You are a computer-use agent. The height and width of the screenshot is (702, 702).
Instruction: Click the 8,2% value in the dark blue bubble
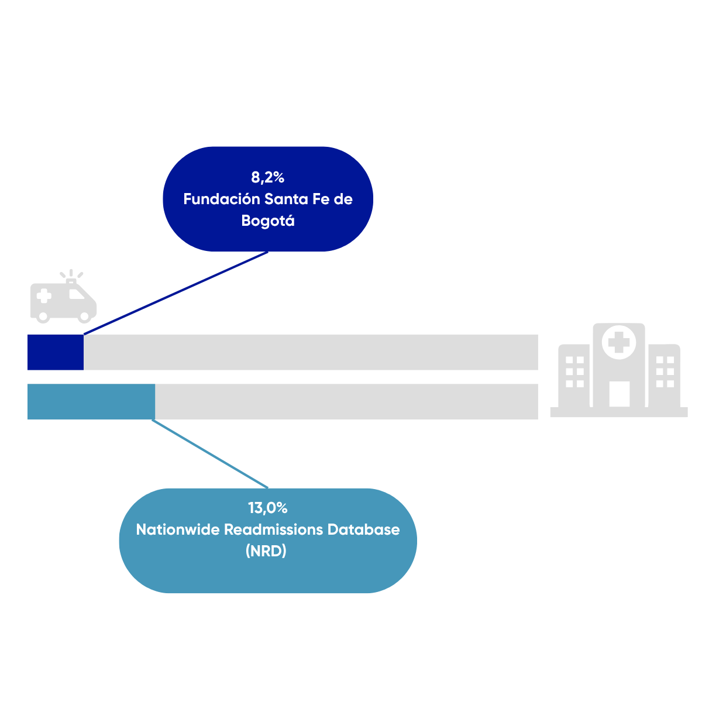point(267,177)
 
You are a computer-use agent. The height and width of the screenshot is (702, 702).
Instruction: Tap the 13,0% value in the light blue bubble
point(268,508)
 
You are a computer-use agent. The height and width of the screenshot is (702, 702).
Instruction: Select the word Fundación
point(222,199)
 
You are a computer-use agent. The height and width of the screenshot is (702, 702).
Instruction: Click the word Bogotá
point(268,221)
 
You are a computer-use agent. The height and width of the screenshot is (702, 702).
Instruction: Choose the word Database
point(363,529)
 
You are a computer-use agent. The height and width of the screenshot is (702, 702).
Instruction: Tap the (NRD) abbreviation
point(266,551)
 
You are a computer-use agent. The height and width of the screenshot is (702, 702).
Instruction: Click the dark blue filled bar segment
point(56,352)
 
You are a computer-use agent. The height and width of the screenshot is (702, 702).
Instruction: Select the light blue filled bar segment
point(91,401)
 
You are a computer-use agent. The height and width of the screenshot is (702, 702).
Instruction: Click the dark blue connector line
point(176,293)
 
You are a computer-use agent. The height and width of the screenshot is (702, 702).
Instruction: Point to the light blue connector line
point(210,454)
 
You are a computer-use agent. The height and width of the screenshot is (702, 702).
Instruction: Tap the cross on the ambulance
point(44,296)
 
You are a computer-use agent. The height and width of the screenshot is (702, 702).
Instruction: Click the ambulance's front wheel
point(84,316)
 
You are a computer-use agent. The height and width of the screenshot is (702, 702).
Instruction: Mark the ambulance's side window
point(76,294)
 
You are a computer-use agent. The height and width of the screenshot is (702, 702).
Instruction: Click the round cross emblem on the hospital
point(619,342)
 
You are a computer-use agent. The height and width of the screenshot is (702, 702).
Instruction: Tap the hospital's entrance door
point(620,394)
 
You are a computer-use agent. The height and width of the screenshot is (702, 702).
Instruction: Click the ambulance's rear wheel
point(43,316)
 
